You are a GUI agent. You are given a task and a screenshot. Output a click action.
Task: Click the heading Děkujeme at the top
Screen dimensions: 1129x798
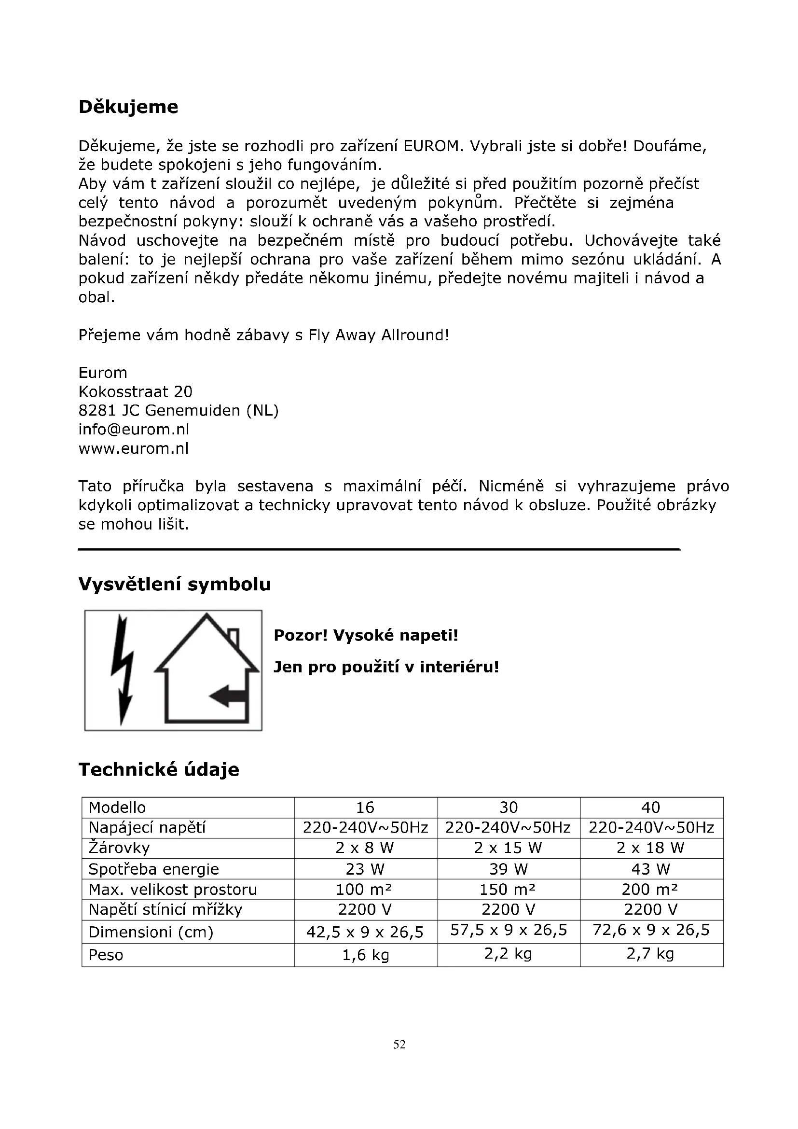click(x=128, y=107)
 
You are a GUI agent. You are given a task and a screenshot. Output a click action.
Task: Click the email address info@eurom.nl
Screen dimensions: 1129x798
click(x=134, y=429)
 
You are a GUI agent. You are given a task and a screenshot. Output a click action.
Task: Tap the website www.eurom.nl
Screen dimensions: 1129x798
click(x=134, y=448)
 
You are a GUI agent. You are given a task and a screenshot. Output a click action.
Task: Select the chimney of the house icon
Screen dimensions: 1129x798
click(x=234, y=637)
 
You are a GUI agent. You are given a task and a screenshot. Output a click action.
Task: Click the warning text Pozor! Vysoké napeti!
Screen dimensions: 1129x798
click(x=366, y=635)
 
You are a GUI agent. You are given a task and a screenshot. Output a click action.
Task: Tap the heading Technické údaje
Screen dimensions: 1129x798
click(x=159, y=769)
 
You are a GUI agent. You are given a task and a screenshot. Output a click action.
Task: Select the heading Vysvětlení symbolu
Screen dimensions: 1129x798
click(x=175, y=584)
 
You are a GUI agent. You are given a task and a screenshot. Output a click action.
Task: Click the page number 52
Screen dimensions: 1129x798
click(x=399, y=1045)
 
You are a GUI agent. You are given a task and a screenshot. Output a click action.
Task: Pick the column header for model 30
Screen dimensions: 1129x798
click(x=509, y=808)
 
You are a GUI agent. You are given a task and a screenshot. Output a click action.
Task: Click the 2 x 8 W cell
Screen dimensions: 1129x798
click(x=365, y=848)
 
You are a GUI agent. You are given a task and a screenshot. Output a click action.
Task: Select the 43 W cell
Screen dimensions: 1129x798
click(x=650, y=869)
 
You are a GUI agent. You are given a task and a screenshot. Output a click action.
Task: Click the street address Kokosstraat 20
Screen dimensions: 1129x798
click(x=136, y=391)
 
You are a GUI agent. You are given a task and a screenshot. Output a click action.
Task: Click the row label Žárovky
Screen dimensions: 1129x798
click(x=119, y=848)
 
